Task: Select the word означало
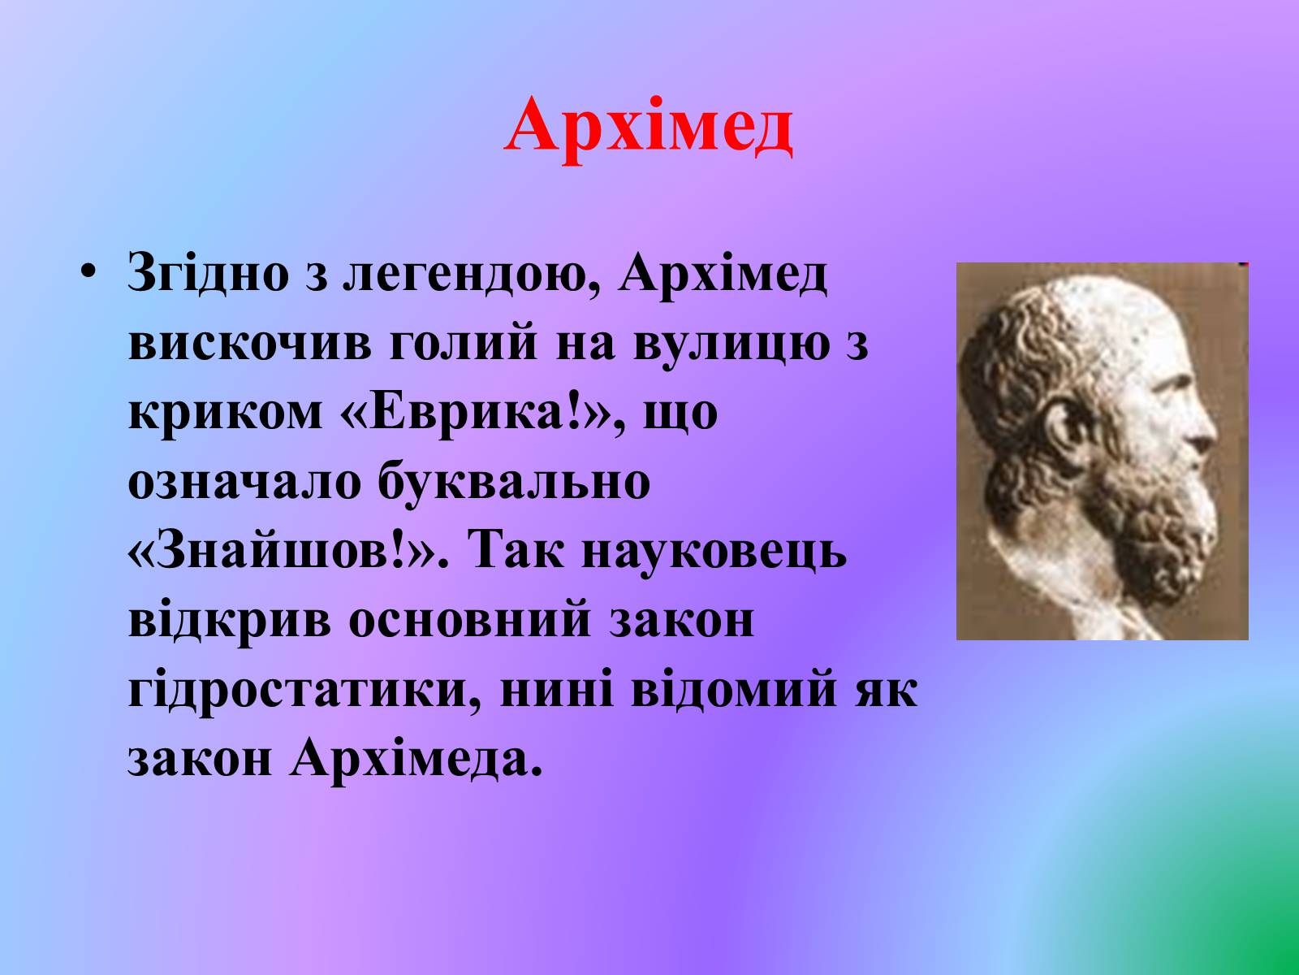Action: coord(244,480)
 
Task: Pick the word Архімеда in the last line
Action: coord(416,760)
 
